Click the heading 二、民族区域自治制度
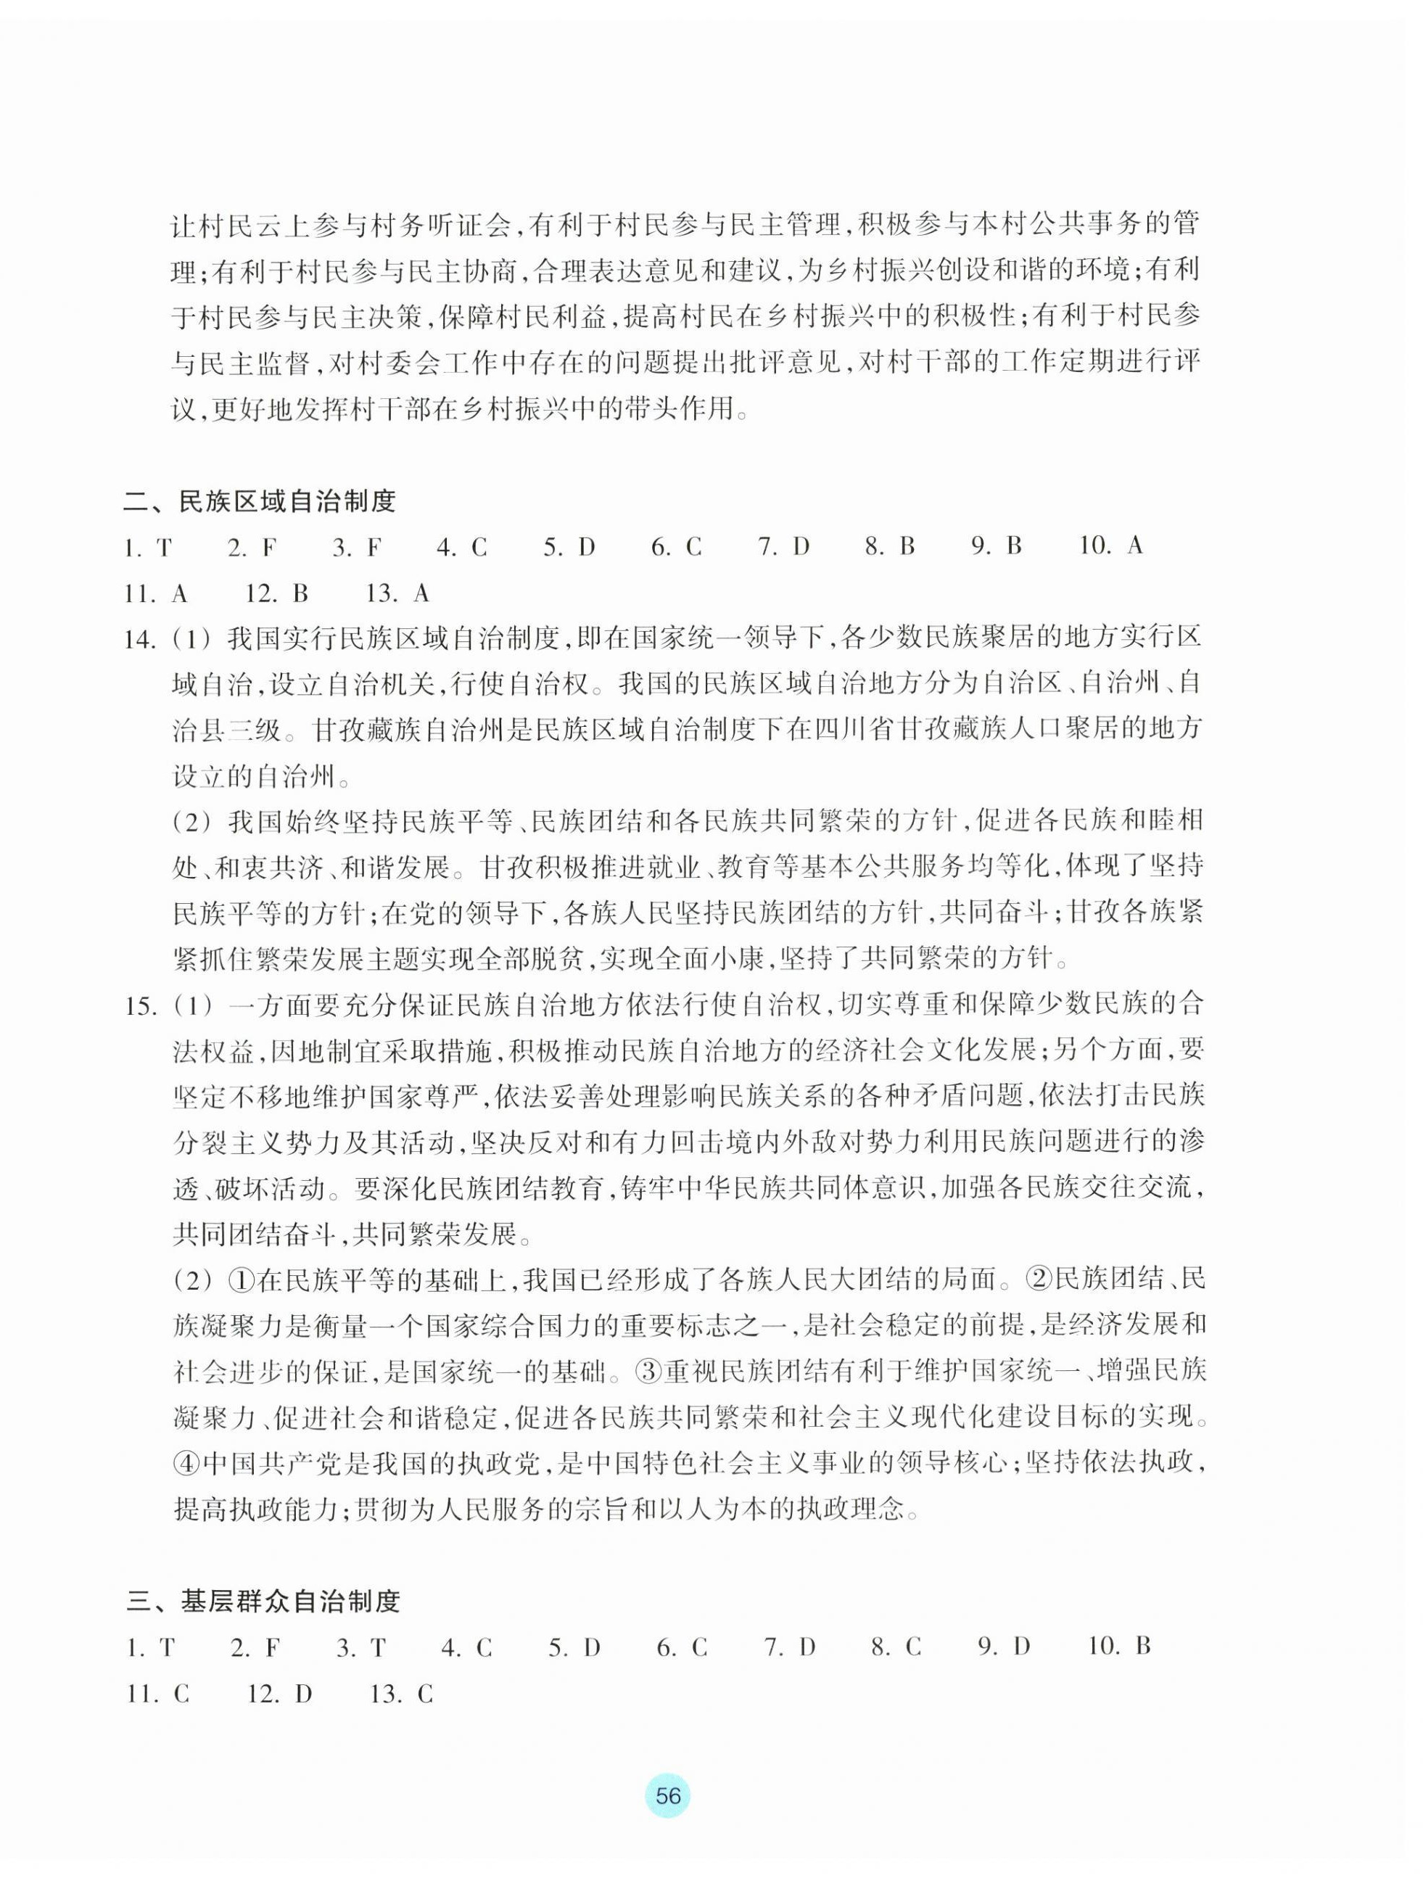tap(259, 502)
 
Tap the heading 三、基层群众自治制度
tap(263, 1601)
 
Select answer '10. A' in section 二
tap(1110, 546)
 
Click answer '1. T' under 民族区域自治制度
tap(148, 548)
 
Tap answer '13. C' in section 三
tap(402, 1694)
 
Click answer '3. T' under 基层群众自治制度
tap(361, 1647)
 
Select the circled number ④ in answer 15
tap(187, 1464)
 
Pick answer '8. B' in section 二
tap(890, 546)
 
